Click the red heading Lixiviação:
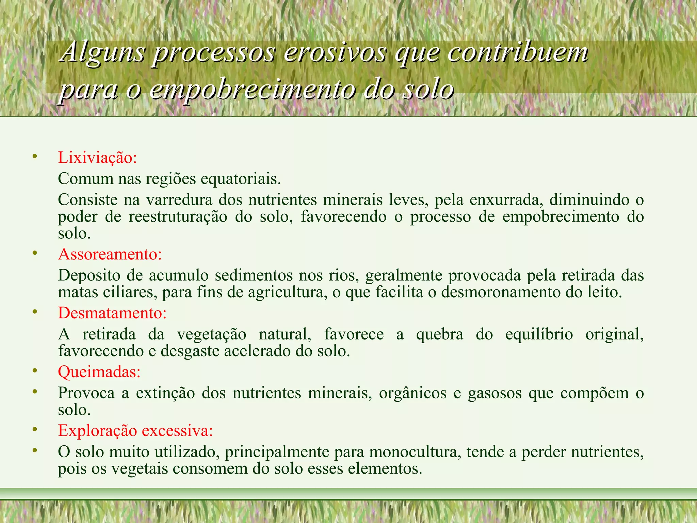tap(97, 158)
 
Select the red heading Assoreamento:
tap(110, 254)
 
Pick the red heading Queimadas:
tap(99, 372)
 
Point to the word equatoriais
tap(241, 179)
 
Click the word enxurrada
tap(506, 200)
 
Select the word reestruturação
tap(178, 217)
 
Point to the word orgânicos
tap(412, 393)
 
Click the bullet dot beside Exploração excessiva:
tap(34, 430)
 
